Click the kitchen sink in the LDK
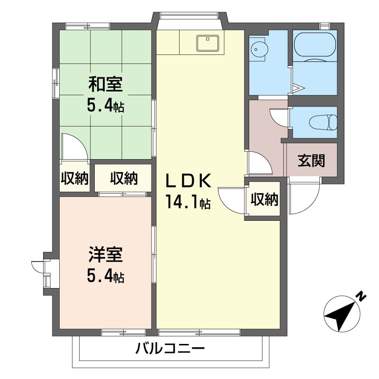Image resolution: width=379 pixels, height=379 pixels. tap(208, 43)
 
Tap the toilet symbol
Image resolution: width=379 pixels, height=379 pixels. tap(324, 122)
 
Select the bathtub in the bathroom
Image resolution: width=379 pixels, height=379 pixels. tap(315, 46)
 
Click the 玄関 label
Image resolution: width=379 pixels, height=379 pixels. tap(311, 160)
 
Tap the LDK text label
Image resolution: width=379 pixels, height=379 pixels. tap(188, 180)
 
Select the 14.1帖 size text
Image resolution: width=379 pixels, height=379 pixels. tap(188, 202)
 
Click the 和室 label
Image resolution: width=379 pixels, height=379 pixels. tap(105, 84)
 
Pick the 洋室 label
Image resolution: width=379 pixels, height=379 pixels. tap(106, 254)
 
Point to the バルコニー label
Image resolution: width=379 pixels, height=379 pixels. tap(170, 348)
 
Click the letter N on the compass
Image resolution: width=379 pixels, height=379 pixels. tap(361, 297)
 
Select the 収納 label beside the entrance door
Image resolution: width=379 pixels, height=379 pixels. tap(264, 199)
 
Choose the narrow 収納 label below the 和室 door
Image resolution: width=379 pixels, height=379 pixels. tap(75, 179)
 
